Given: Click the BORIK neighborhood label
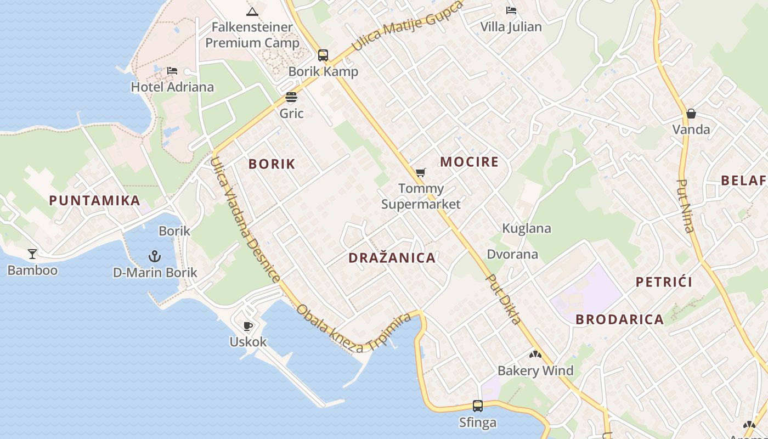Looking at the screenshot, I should click(272, 164).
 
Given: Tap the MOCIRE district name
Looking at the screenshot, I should click(469, 162).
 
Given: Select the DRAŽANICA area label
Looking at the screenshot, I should click(392, 258).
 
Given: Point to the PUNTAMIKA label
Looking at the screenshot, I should click(94, 201).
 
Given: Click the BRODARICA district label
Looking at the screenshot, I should click(619, 319).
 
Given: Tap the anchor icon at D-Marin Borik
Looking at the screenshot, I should click(155, 256).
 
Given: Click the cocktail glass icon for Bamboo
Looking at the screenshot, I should click(32, 254).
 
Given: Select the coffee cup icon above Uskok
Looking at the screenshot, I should click(248, 326).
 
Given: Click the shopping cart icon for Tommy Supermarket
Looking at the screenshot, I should click(421, 173).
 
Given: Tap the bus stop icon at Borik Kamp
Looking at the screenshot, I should click(323, 55).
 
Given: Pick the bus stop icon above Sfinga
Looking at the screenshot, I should click(478, 406).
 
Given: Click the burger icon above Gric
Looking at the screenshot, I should click(291, 98).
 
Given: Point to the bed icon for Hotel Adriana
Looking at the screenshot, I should click(172, 71).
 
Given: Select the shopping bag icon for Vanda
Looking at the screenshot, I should click(691, 114).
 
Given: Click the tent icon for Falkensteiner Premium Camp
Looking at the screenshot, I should click(252, 12).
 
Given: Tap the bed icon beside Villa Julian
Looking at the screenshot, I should click(511, 10).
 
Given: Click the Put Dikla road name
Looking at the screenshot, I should click(503, 299).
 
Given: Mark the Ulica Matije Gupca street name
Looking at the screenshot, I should click(407, 26).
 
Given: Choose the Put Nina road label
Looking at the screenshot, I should click(686, 206).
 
